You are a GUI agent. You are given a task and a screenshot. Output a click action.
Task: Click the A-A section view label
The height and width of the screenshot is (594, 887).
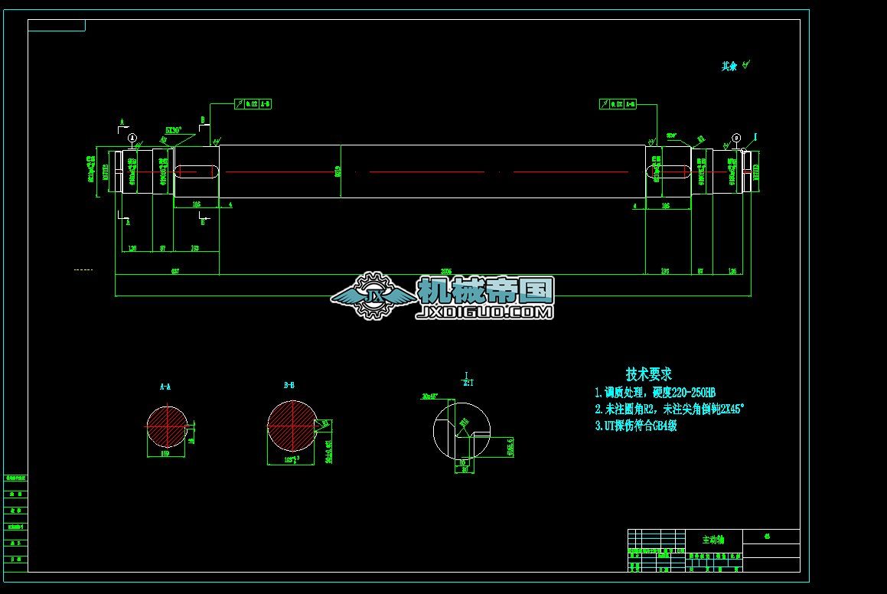pos(165,387)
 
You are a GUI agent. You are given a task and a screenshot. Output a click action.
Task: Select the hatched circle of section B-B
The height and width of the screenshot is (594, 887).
pos(292,426)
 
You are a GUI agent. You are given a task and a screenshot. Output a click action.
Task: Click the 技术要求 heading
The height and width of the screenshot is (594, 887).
pos(648,374)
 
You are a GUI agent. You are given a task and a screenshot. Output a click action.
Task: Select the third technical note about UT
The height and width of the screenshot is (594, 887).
pos(635,426)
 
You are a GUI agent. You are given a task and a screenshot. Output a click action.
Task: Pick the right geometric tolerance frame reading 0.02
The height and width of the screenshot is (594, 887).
pos(618,103)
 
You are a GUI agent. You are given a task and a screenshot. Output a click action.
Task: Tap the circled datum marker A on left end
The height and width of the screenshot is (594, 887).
pos(132,138)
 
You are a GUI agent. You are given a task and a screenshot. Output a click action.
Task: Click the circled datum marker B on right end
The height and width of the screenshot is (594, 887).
pos(736,138)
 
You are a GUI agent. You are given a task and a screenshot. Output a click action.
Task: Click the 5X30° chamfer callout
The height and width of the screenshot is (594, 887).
pos(172,131)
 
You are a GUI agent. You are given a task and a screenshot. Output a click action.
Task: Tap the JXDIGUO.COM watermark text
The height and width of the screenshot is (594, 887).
pos(484,312)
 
